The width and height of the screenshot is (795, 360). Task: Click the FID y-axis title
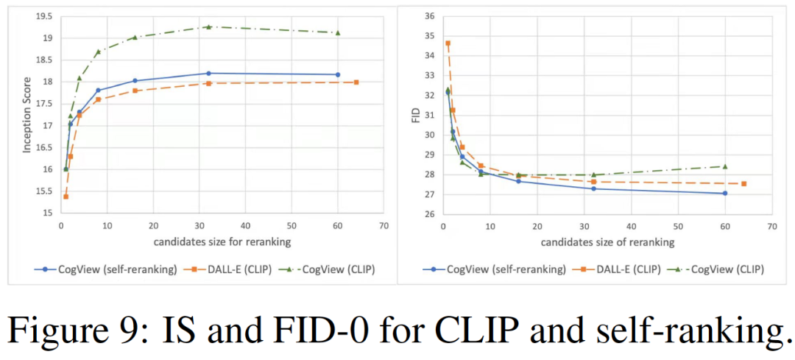coord(417,115)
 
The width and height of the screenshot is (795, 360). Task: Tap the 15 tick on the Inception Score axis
coord(49,213)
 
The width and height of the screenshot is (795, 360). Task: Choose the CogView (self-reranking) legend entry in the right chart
coord(492,269)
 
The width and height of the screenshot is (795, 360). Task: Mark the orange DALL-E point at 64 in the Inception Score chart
coord(356,82)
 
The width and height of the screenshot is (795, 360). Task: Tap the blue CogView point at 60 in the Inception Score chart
coord(338,74)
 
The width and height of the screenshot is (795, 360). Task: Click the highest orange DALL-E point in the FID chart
coord(448,43)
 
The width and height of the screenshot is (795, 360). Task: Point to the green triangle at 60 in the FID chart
coord(725,166)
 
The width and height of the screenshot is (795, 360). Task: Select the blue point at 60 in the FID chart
coord(725,193)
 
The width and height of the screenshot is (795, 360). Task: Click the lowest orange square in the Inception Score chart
coord(66,197)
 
